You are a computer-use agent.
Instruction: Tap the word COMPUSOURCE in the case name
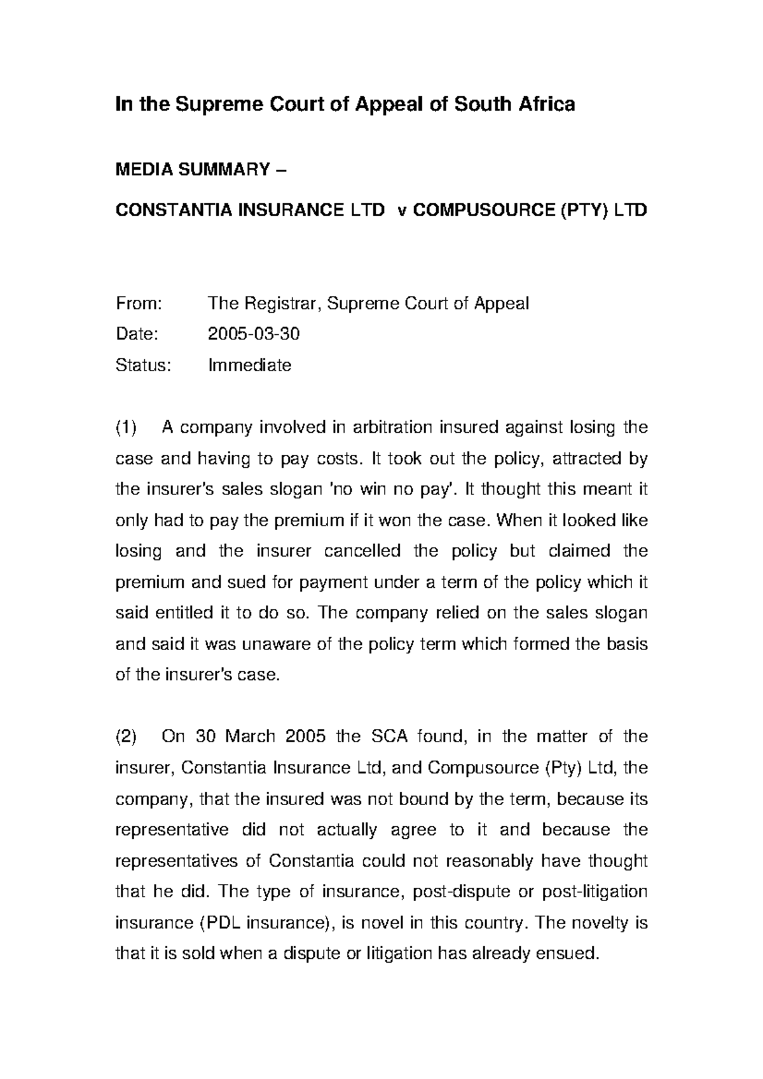pos(483,210)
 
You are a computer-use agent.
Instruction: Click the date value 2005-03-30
pos(254,334)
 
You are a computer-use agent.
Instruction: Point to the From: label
pos(139,304)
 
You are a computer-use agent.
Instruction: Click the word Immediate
pos(250,365)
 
